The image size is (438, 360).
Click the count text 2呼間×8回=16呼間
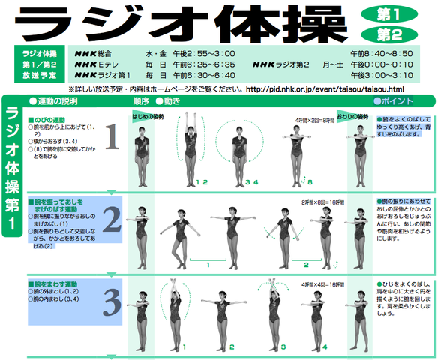pyautogui.click(x=322, y=202)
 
